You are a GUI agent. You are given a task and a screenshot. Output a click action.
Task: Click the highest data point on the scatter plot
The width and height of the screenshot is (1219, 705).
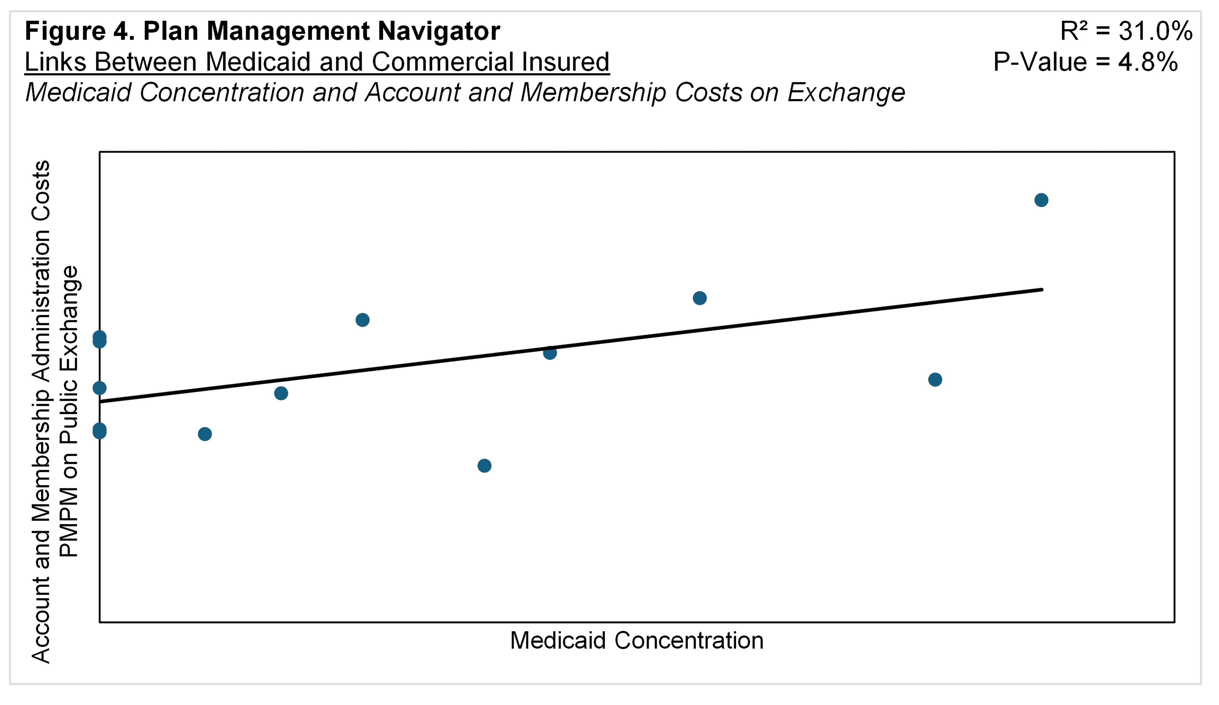(1041, 200)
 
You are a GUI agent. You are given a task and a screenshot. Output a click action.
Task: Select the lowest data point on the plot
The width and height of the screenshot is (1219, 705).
(484, 465)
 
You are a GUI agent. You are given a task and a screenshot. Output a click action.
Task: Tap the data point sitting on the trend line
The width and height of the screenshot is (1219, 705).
(549, 353)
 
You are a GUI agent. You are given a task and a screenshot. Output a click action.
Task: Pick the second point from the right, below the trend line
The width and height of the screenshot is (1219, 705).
(935, 379)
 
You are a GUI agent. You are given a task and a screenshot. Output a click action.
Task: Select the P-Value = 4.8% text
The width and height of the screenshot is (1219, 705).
(1085, 62)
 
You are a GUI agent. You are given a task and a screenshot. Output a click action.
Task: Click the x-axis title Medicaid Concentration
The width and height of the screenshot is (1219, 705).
(637, 640)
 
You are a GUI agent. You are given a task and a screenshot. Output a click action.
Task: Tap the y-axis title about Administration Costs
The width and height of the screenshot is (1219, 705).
(41, 411)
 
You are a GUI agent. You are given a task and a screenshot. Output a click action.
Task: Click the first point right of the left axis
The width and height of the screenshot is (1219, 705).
(205, 433)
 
